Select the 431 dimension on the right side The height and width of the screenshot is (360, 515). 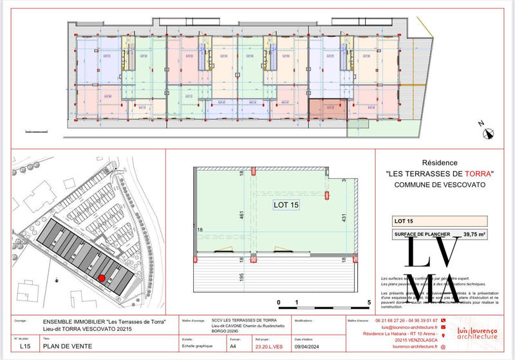[x=344, y=217]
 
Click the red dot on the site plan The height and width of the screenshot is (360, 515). [x=102, y=278]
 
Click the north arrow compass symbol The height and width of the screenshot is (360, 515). [x=489, y=134]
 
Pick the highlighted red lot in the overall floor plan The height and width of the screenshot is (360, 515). [x=328, y=108]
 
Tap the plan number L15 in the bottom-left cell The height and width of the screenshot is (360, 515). [x=24, y=346]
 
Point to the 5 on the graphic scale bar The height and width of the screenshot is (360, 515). [x=369, y=302]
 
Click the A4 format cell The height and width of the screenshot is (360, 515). [x=232, y=346]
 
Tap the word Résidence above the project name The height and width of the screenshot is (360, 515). [x=438, y=163]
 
